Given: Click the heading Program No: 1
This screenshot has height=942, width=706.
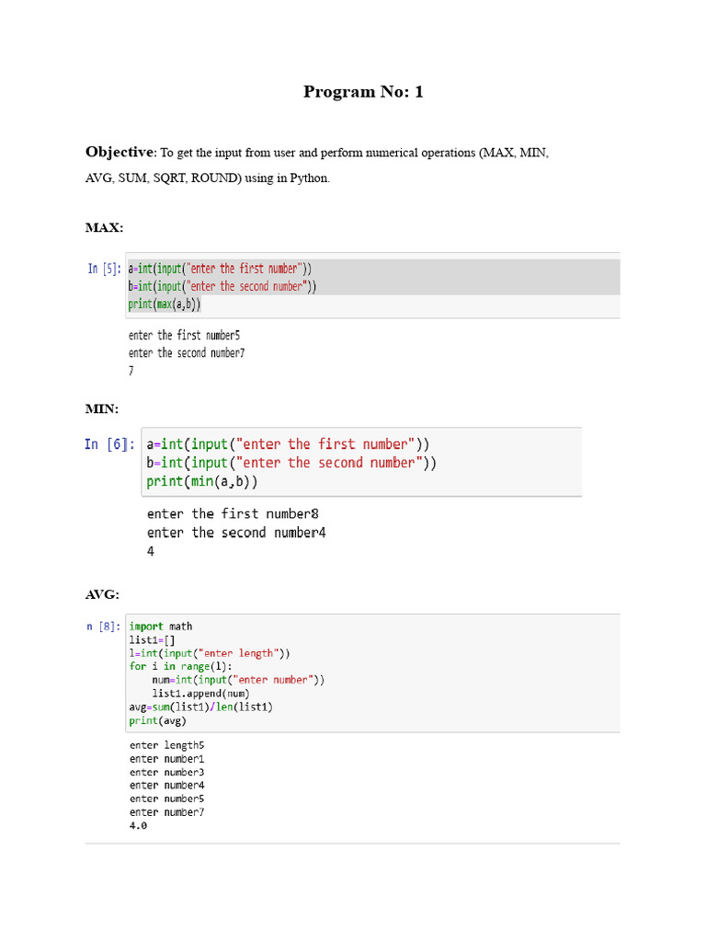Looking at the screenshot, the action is tap(363, 92).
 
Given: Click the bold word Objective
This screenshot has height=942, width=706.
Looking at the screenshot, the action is tap(119, 153).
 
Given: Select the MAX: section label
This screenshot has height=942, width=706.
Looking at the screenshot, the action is tap(104, 227).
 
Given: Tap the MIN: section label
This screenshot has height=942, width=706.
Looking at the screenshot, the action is tap(102, 407).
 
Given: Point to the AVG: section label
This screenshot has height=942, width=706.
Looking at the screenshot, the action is tap(103, 595).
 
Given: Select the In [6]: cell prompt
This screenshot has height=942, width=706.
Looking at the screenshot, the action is tap(109, 444).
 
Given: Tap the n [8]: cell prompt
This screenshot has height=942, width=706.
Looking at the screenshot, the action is tap(103, 626).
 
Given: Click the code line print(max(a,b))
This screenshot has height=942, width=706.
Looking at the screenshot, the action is tap(165, 304).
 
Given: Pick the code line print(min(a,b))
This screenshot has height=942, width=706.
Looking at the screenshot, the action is tap(202, 481).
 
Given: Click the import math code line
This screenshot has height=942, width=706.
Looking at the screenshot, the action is tap(161, 626).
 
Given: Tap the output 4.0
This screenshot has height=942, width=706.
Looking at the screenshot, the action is tap(138, 826).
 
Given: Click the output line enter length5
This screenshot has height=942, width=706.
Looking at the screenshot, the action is tap(166, 745).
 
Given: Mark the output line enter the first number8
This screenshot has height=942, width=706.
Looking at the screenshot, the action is tap(233, 514).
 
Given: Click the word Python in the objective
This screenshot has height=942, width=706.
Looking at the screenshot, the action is tap(309, 178).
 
